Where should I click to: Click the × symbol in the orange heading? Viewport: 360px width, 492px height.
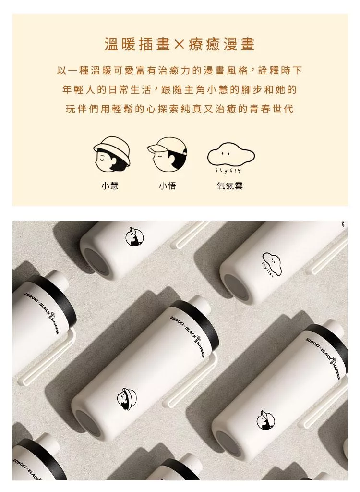click(179, 45)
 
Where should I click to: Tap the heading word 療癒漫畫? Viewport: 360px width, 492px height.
click(221, 44)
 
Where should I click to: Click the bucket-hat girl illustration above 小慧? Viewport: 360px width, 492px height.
click(112, 154)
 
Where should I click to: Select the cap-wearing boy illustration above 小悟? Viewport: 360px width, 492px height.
click(168, 154)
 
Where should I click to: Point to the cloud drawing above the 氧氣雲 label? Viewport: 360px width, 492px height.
click(231, 155)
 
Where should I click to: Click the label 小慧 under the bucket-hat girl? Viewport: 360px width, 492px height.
click(110, 186)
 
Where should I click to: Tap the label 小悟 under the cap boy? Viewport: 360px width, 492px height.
click(168, 186)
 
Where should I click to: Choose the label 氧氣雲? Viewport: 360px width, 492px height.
click(230, 186)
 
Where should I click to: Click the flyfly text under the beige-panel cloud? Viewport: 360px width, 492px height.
click(228, 171)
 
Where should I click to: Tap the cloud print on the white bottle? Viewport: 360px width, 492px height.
click(272, 264)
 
